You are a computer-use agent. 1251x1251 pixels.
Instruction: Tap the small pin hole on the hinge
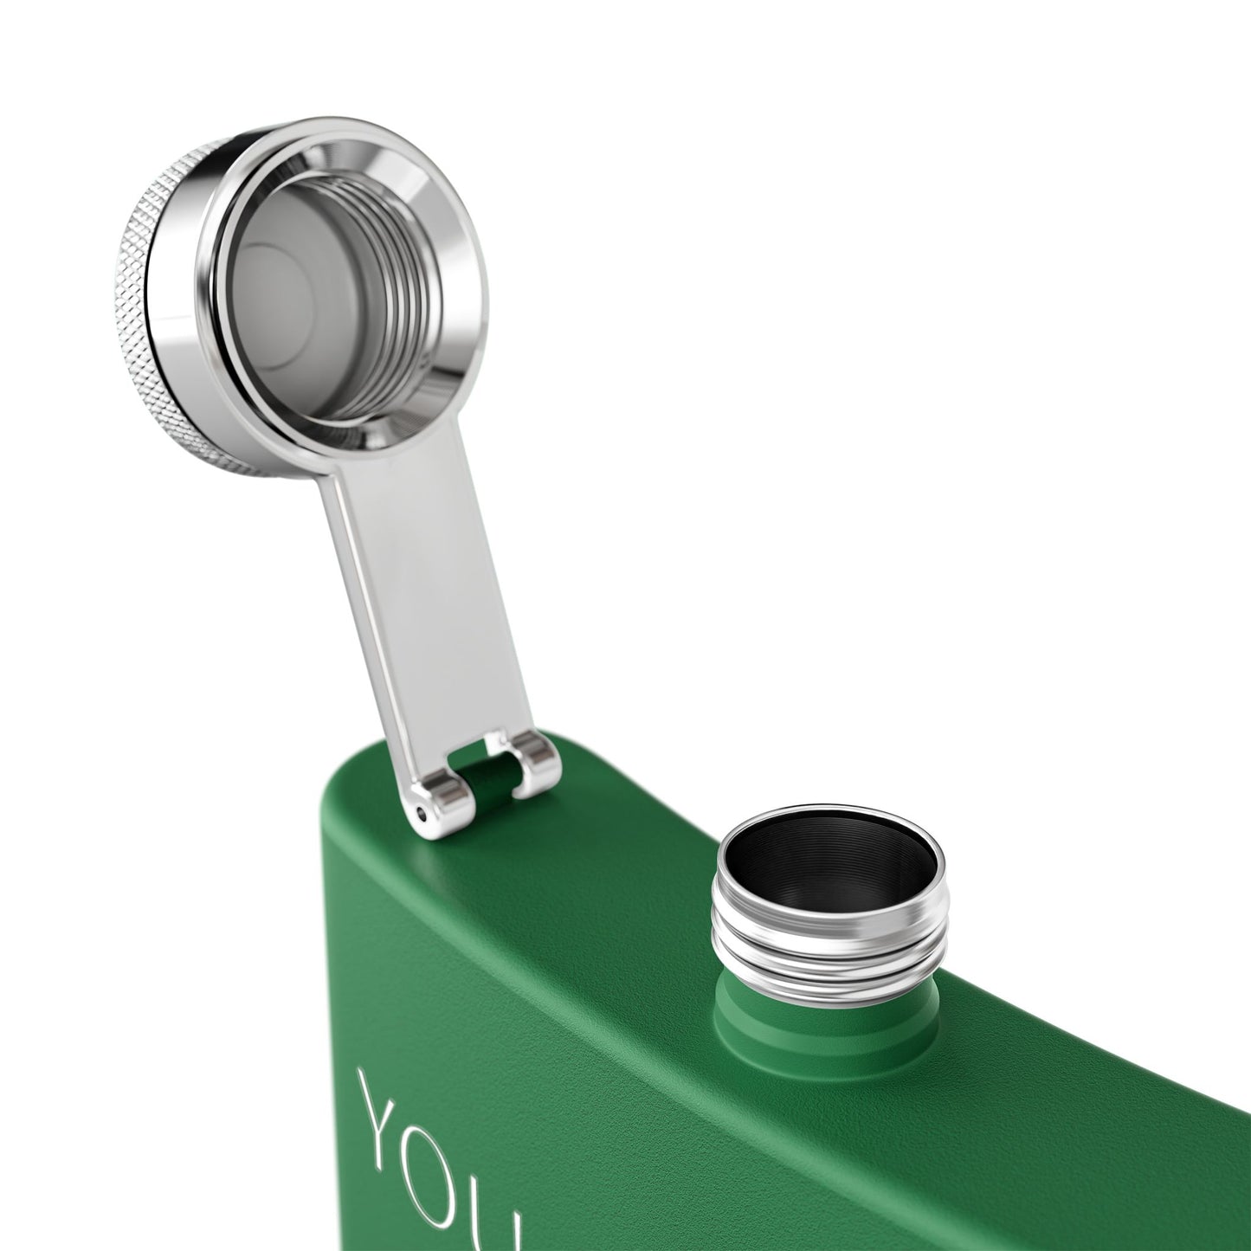pyautogui.click(x=421, y=813)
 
